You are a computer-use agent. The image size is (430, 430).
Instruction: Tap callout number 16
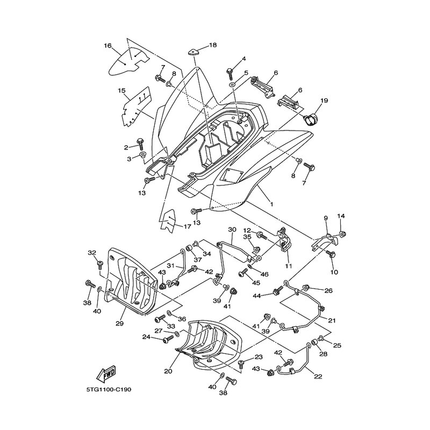[108, 46]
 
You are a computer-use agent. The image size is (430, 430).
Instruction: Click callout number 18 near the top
[213, 45]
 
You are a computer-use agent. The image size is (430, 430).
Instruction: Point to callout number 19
[324, 101]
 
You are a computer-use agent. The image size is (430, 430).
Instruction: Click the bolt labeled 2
[140, 142]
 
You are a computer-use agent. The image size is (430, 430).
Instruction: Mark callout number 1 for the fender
[271, 204]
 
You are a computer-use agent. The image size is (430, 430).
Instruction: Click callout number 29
[119, 324]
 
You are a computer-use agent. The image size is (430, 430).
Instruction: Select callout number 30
[232, 230]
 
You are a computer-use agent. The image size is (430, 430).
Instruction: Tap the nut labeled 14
[342, 234]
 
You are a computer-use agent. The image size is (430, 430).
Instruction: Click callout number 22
[318, 377]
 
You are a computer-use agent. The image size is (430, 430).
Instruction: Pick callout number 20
[168, 371]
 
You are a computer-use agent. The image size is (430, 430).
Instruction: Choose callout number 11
[288, 266]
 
